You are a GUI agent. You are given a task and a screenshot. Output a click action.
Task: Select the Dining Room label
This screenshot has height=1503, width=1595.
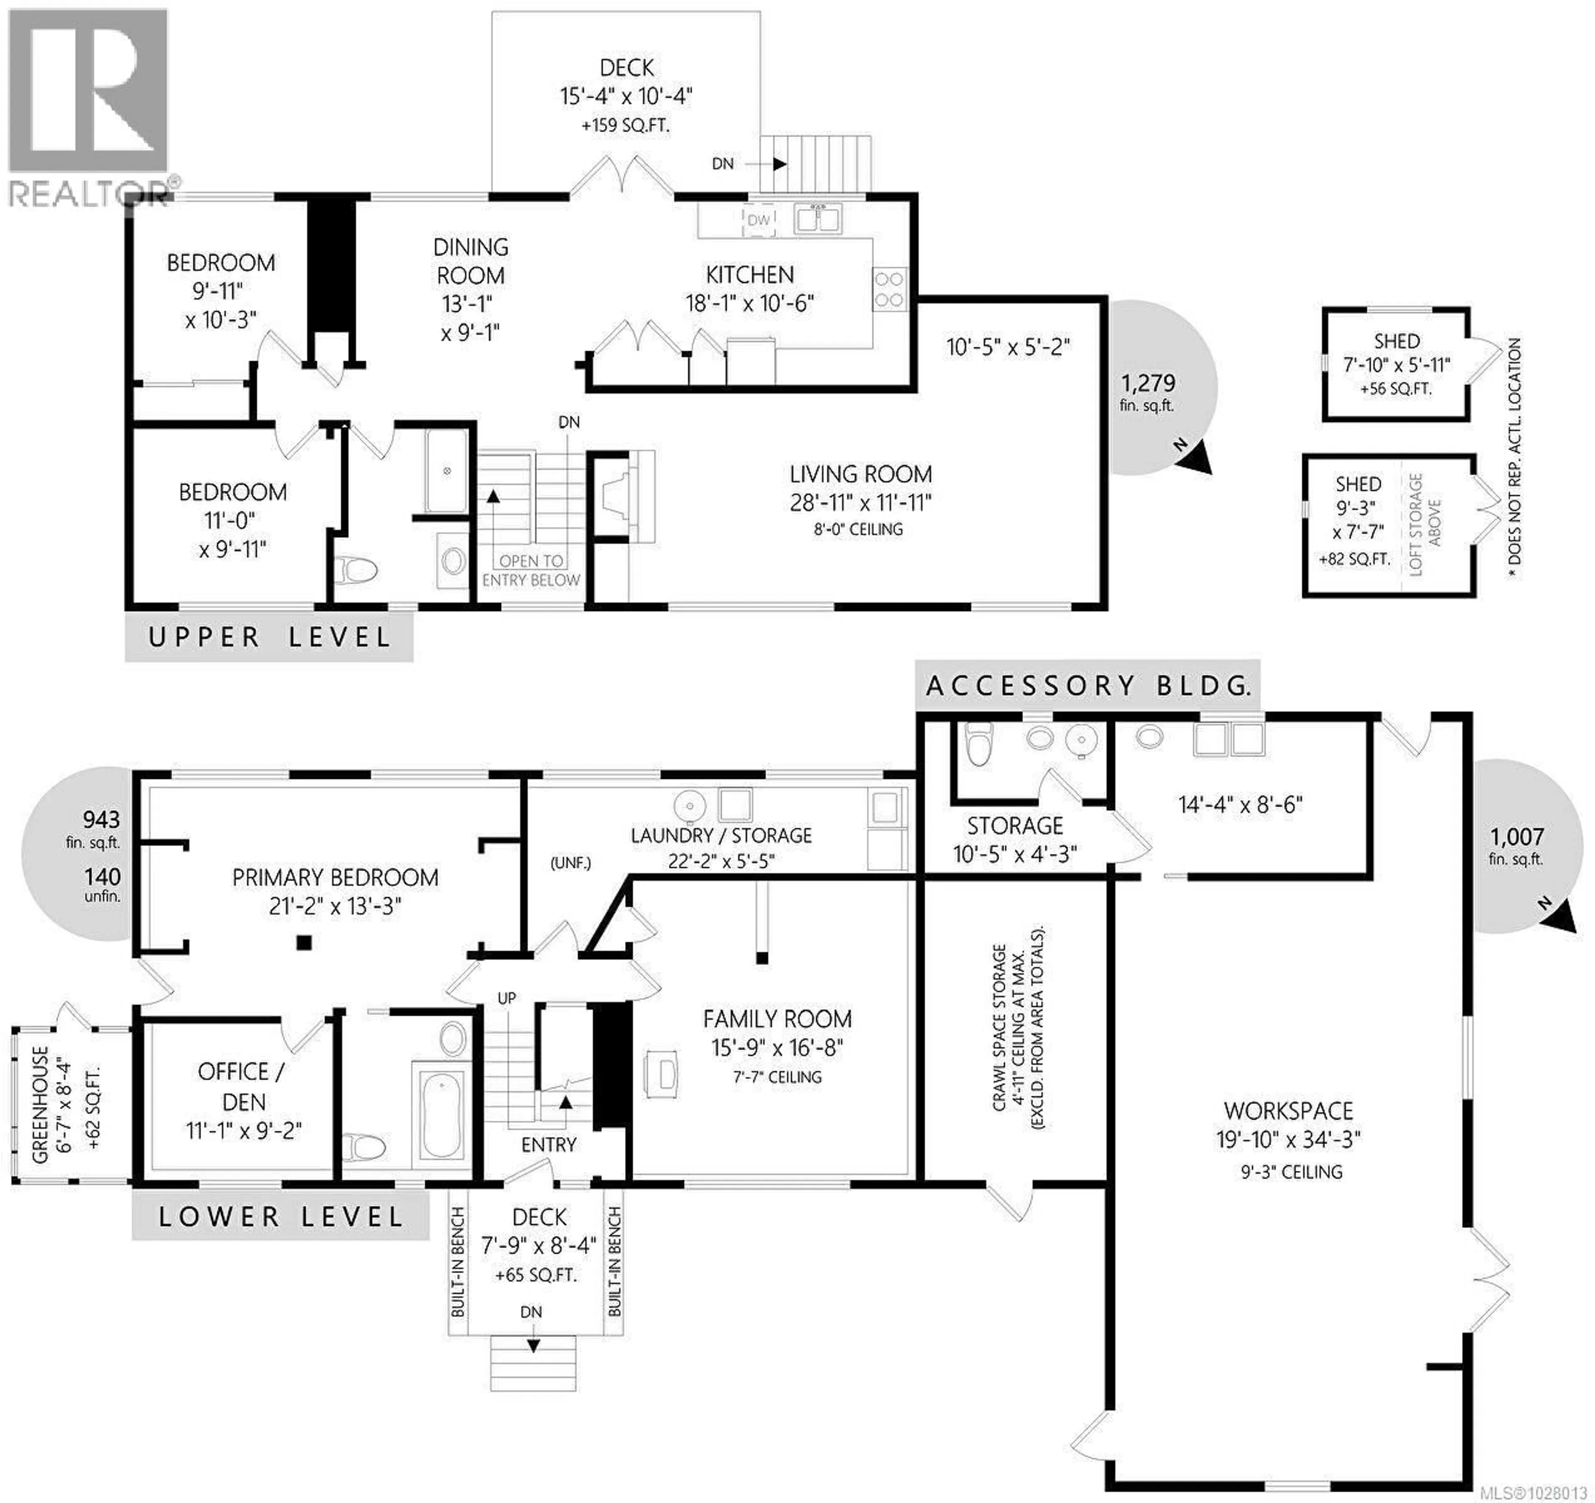(x=471, y=261)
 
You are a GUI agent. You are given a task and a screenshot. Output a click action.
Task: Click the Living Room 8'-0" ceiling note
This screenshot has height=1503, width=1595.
(x=859, y=529)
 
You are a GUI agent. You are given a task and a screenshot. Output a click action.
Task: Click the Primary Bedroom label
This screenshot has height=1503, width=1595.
(x=335, y=877)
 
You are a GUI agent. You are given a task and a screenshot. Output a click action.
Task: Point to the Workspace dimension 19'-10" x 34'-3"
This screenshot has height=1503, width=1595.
(x=1288, y=1139)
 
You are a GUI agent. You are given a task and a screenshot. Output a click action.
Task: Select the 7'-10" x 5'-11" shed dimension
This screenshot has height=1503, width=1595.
(x=1396, y=365)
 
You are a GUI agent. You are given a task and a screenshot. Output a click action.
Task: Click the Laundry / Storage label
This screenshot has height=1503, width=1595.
(x=721, y=836)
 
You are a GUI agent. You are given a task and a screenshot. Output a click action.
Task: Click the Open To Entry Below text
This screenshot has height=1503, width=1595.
(x=531, y=570)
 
